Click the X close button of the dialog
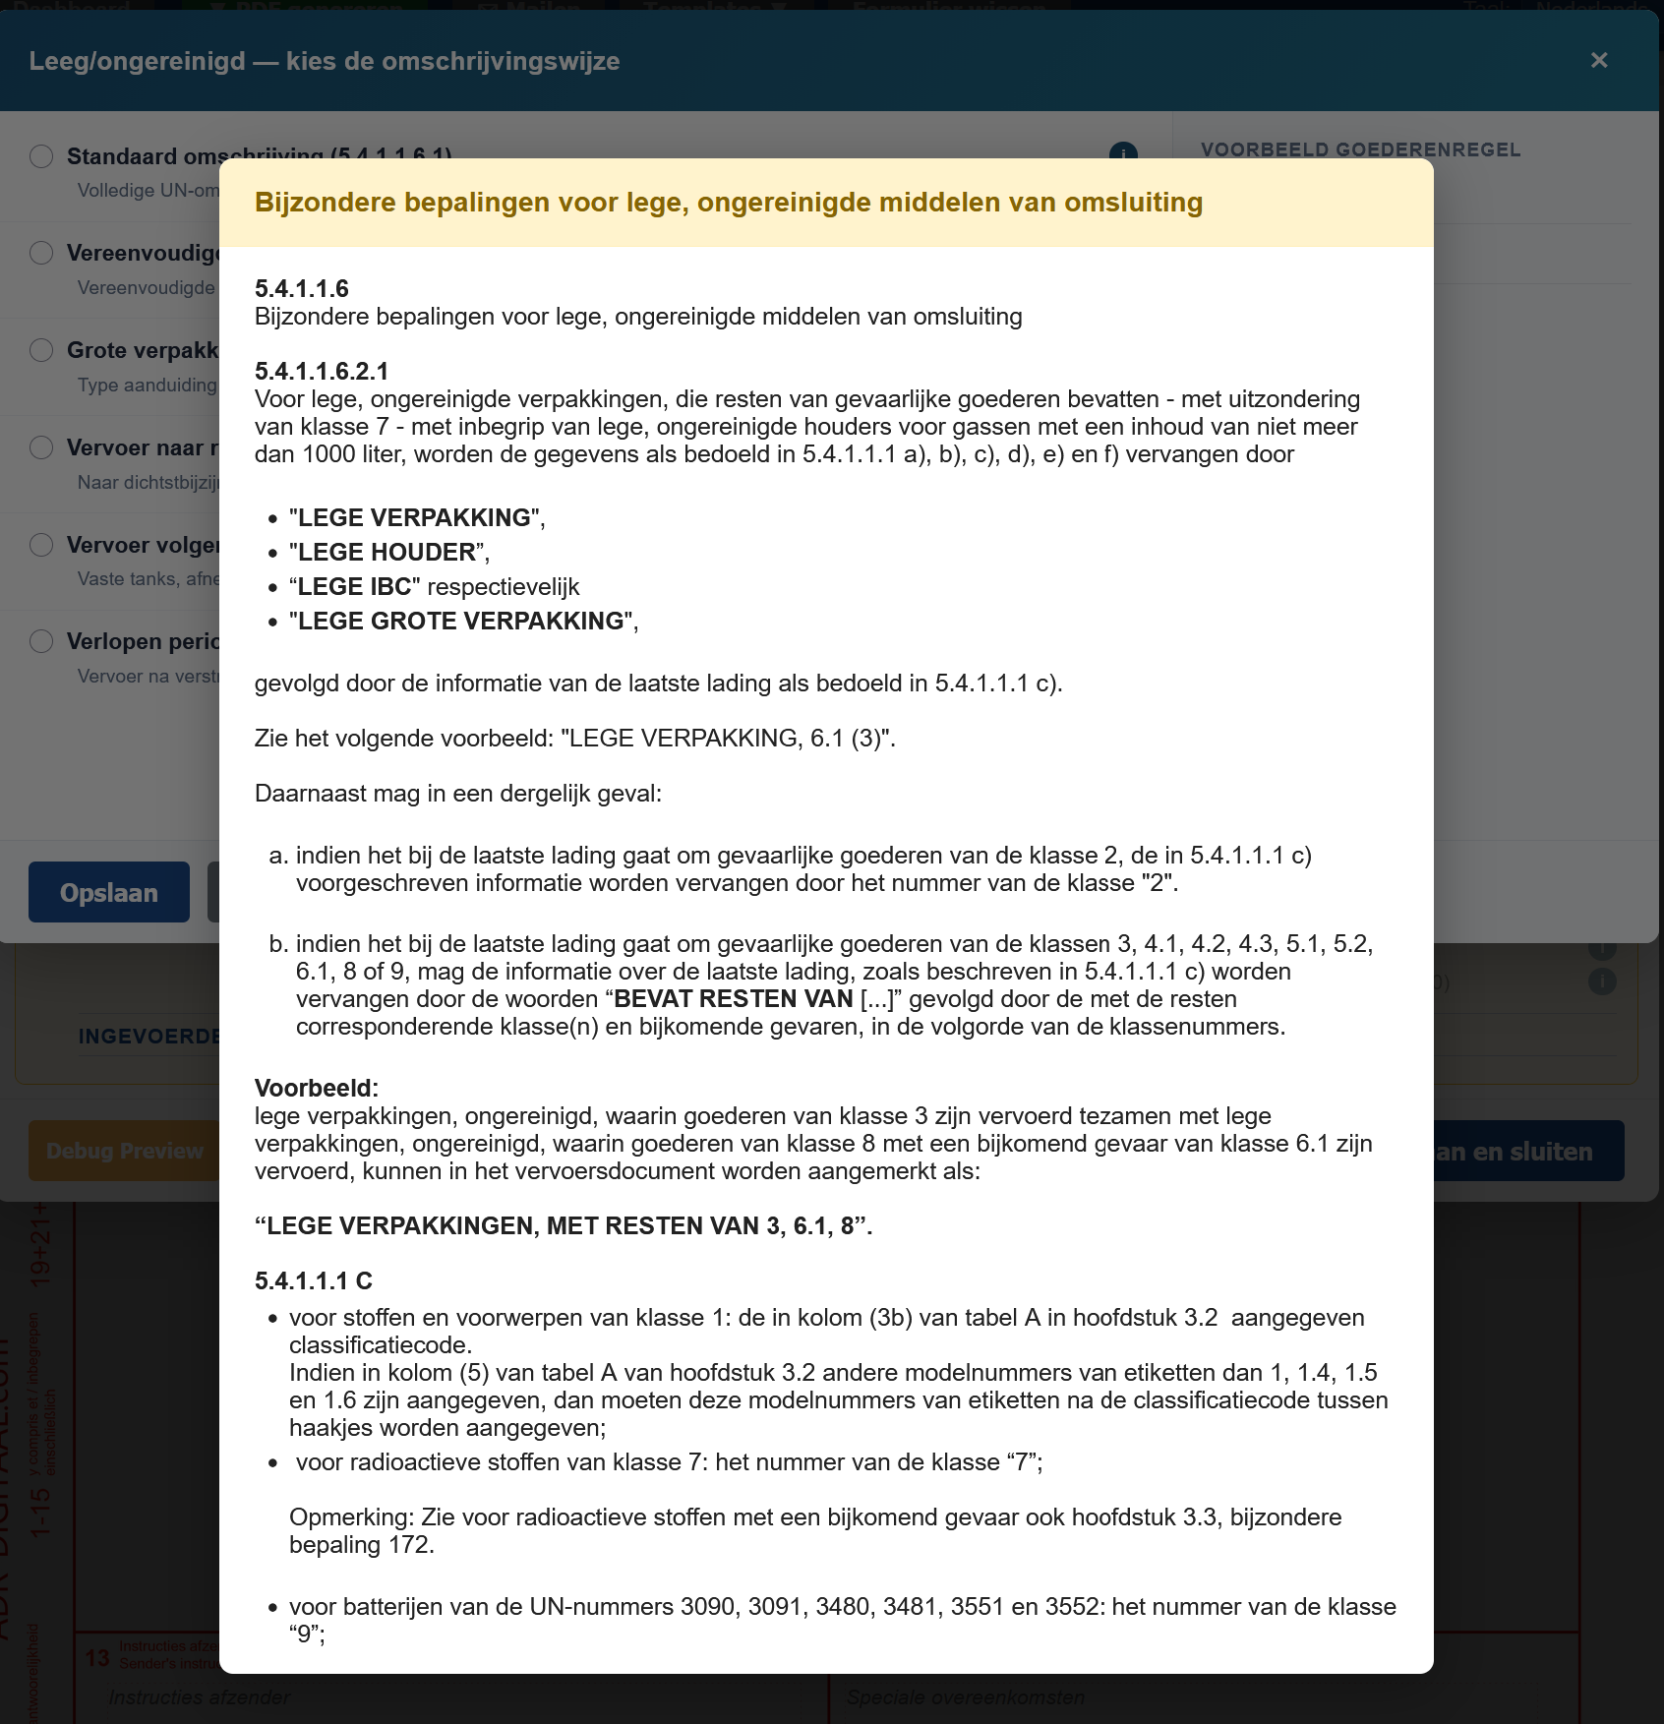tap(1599, 61)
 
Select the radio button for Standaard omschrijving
tap(41, 156)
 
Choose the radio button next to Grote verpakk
tap(41, 350)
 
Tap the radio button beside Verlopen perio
tap(41, 641)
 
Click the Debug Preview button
tap(124, 1151)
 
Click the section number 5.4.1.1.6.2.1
tap(322, 371)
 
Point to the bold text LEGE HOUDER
tap(386, 552)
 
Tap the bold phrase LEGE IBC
tap(354, 586)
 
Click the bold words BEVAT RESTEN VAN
tap(733, 999)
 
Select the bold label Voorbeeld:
tap(316, 1088)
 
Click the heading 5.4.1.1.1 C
tap(313, 1280)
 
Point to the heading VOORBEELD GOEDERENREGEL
tap(1360, 150)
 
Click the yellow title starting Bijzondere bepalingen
tap(728, 203)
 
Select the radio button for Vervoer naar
tap(41, 447)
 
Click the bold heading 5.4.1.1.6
tap(301, 288)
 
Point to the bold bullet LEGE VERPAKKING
tap(414, 517)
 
